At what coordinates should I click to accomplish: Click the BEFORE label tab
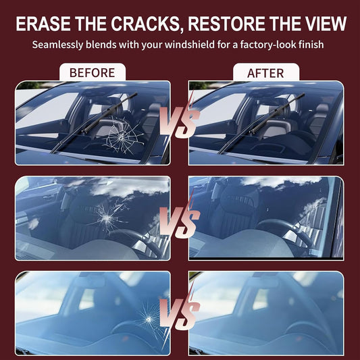pos(93,72)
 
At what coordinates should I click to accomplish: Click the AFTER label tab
pos(266,72)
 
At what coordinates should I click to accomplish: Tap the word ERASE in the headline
pos(43,24)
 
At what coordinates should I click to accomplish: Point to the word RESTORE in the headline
pos(226,24)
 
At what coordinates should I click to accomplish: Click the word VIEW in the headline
pos(325,24)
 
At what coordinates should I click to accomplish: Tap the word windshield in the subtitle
pos(190,45)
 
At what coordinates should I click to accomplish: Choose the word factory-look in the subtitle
pos(268,45)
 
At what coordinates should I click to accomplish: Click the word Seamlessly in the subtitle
pos(57,45)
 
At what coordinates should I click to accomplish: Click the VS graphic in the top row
pos(180,122)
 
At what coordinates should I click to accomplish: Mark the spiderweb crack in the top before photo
pos(122,136)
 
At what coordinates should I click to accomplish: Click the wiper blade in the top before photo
pos(94,123)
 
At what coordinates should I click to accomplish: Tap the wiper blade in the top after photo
pos(261,124)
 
